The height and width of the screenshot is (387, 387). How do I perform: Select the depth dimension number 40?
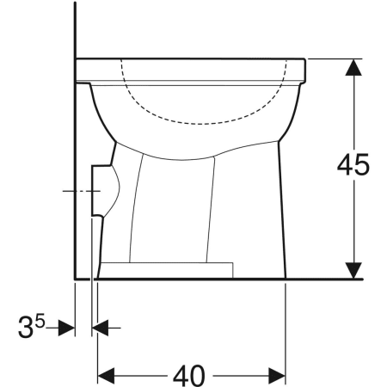pyautogui.click(x=191, y=376)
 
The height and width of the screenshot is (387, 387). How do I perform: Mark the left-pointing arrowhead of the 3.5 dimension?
pyautogui.click(x=100, y=329)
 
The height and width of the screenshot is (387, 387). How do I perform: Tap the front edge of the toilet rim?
pyautogui.click(x=305, y=70)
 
